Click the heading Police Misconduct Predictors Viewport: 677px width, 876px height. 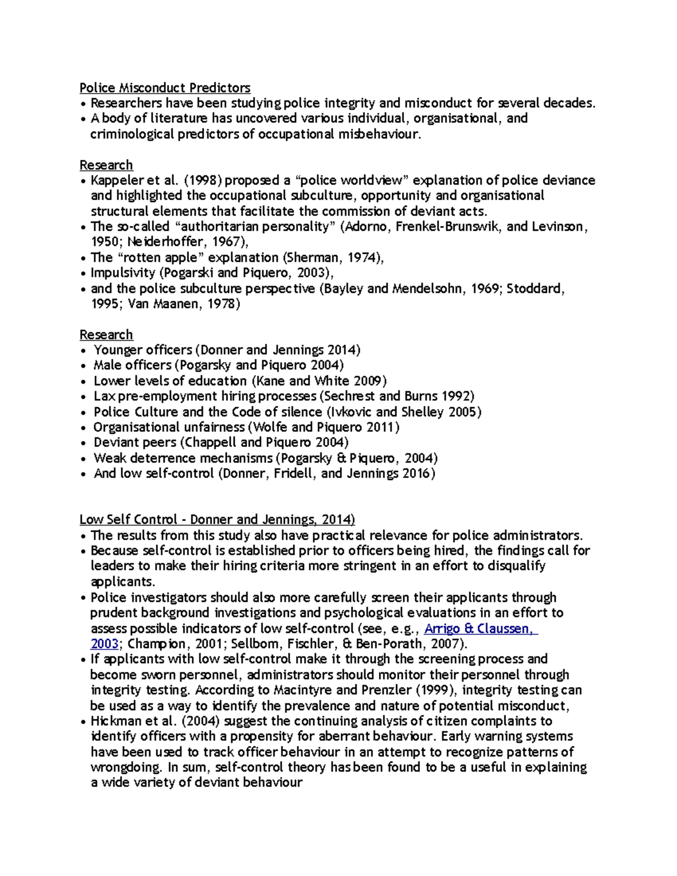click(x=165, y=88)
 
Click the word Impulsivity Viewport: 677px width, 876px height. click(x=123, y=273)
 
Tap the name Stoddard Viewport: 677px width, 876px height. click(x=534, y=289)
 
